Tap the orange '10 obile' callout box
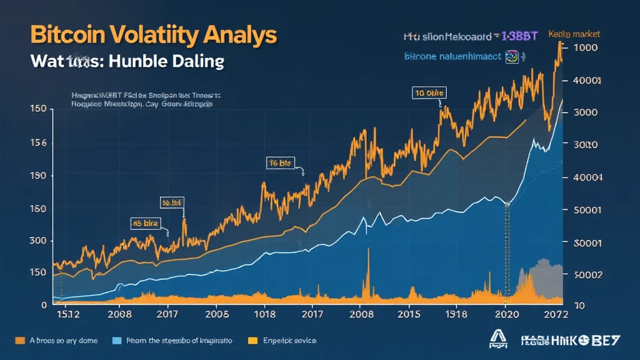pyautogui.click(x=429, y=93)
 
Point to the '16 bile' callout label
pyautogui.click(x=279, y=163)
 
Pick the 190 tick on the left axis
pyautogui.click(x=38, y=176)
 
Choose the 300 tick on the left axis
pyautogui.click(x=38, y=241)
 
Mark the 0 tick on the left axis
pyautogui.click(x=44, y=305)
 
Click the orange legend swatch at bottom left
pyautogui.click(x=19, y=341)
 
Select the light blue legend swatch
pyautogui.click(x=116, y=341)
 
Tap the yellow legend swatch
pyautogui.click(x=253, y=341)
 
